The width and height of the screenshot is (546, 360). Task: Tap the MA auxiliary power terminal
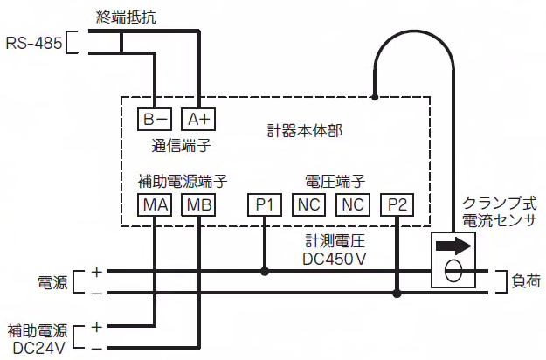(156, 205)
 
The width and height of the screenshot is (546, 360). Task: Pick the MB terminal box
(197, 205)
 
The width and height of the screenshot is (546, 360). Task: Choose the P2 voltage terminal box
(397, 205)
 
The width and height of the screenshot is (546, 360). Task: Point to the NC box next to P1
(308, 205)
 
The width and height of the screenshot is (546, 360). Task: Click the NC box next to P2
(352, 205)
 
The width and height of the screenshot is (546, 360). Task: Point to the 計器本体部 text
(304, 132)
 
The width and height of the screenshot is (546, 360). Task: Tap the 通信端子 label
(181, 146)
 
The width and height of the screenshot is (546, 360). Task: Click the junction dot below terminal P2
(397, 294)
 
